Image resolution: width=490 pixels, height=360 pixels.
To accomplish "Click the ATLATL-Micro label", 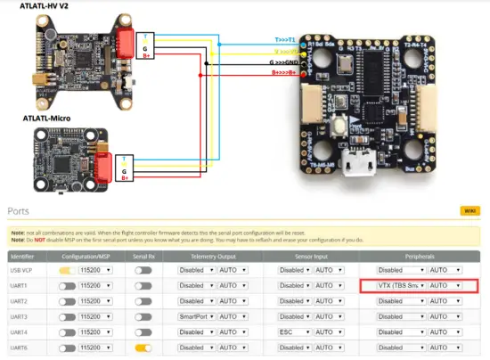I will click(x=38, y=118).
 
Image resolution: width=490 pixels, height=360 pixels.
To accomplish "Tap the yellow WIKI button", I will click(x=467, y=211).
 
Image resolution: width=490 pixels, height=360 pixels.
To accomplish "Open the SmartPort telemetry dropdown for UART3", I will click(x=196, y=316).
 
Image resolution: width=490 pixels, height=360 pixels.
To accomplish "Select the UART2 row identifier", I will click(x=19, y=301).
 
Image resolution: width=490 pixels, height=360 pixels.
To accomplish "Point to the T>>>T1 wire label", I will click(x=287, y=39).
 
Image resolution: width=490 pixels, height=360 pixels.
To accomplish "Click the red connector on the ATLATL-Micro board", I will click(x=105, y=167).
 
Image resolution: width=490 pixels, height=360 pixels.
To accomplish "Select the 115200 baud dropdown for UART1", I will click(x=97, y=286).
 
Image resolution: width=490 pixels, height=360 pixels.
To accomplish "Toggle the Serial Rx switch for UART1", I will click(x=143, y=286).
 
